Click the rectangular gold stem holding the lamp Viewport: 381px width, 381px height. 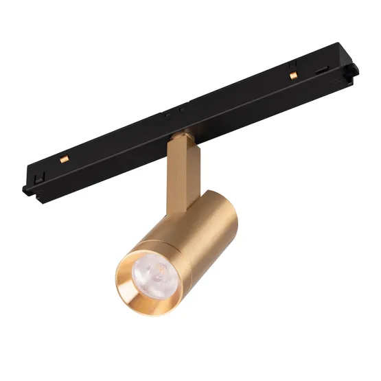point(180,165)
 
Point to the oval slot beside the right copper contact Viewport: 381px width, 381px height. point(321,69)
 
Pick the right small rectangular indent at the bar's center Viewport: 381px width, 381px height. point(180,109)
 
